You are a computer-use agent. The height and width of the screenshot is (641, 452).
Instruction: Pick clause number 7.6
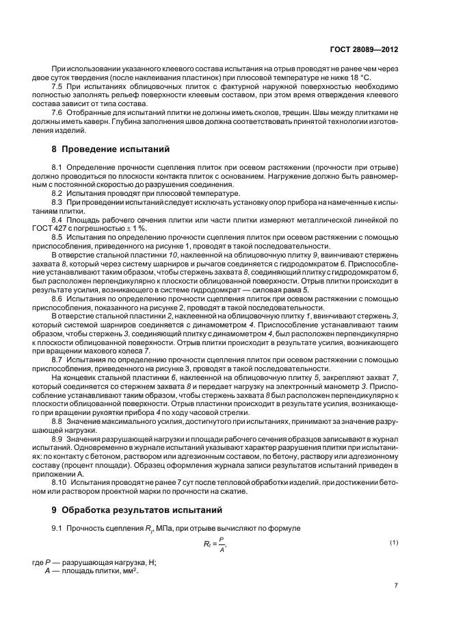pyautogui.click(x=58, y=111)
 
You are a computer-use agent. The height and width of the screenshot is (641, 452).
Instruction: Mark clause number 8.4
pyautogui.click(x=58, y=219)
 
